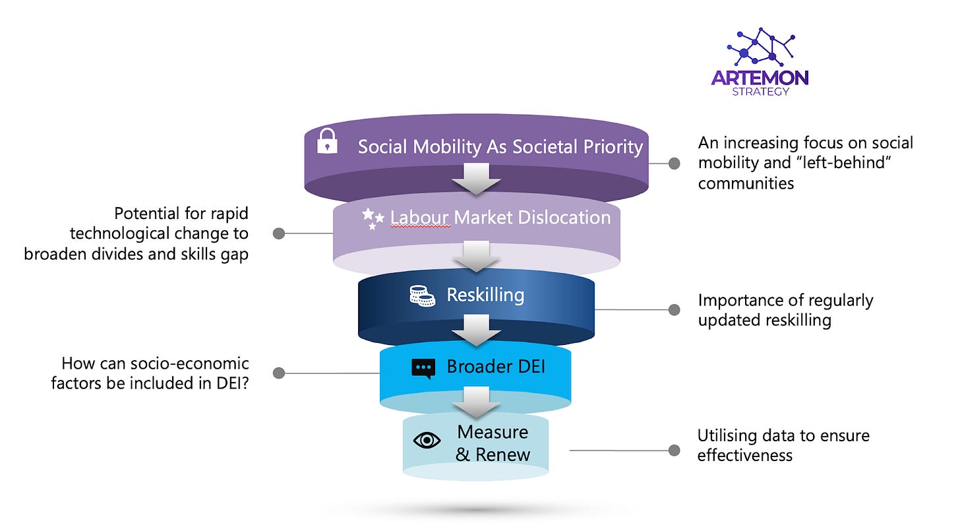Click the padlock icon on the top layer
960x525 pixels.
[327, 142]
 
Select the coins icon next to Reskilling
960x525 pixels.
[422, 296]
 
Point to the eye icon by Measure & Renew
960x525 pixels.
[427, 440]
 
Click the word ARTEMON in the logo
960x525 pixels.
[760, 78]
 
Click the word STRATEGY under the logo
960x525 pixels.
[760, 92]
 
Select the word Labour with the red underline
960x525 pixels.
[419, 217]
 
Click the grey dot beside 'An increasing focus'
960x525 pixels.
[674, 164]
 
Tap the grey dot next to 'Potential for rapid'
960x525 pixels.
[279, 233]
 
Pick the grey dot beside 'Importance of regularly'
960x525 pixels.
[674, 309]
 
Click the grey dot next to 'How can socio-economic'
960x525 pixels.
[279, 373]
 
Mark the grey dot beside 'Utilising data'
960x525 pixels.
[674, 450]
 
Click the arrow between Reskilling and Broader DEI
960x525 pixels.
[475, 330]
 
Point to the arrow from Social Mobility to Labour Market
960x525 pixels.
[475, 178]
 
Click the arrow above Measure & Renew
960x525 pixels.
[475, 402]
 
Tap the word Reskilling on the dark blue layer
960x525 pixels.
[485, 295]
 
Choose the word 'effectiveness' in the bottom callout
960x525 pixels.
[745, 454]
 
